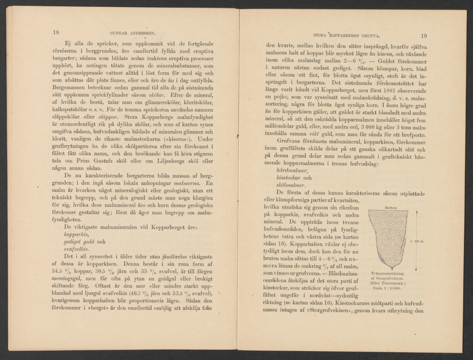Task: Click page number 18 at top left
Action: (x=56, y=33)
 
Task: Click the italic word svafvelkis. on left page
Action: (x=77, y=249)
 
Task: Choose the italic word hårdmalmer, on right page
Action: (x=292, y=171)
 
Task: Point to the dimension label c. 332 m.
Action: (x=417, y=242)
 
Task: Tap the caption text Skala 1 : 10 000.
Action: (x=386, y=288)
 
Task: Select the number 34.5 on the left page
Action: (x=59, y=272)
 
